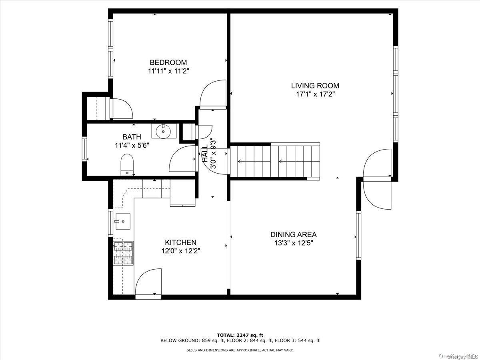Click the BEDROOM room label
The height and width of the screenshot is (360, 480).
coord(168,62)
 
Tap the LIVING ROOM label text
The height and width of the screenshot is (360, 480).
coord(315,86)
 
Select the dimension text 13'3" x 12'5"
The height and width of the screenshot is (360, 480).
coord(294,243)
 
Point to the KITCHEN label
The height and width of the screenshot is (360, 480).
coord(181,242)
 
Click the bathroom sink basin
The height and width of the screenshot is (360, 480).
coord(164,131)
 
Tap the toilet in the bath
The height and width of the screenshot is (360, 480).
coord(127,164)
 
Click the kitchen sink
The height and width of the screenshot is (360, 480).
coord(123,222)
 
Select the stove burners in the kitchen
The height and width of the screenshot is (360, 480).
coord(123,253)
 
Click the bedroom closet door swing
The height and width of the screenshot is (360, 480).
coord(122,108)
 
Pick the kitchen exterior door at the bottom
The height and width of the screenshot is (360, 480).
coord(148,284)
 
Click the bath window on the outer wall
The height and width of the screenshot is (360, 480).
coord(84,149)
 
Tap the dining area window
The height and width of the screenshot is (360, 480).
coord(358,235)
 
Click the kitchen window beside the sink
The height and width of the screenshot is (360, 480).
coord(111,222)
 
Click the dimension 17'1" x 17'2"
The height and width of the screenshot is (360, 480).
coord(315,94)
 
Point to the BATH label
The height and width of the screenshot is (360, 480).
coord(132,137)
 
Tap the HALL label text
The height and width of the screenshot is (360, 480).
coord(205,153)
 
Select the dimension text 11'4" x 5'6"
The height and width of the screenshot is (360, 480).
coord(132,145)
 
